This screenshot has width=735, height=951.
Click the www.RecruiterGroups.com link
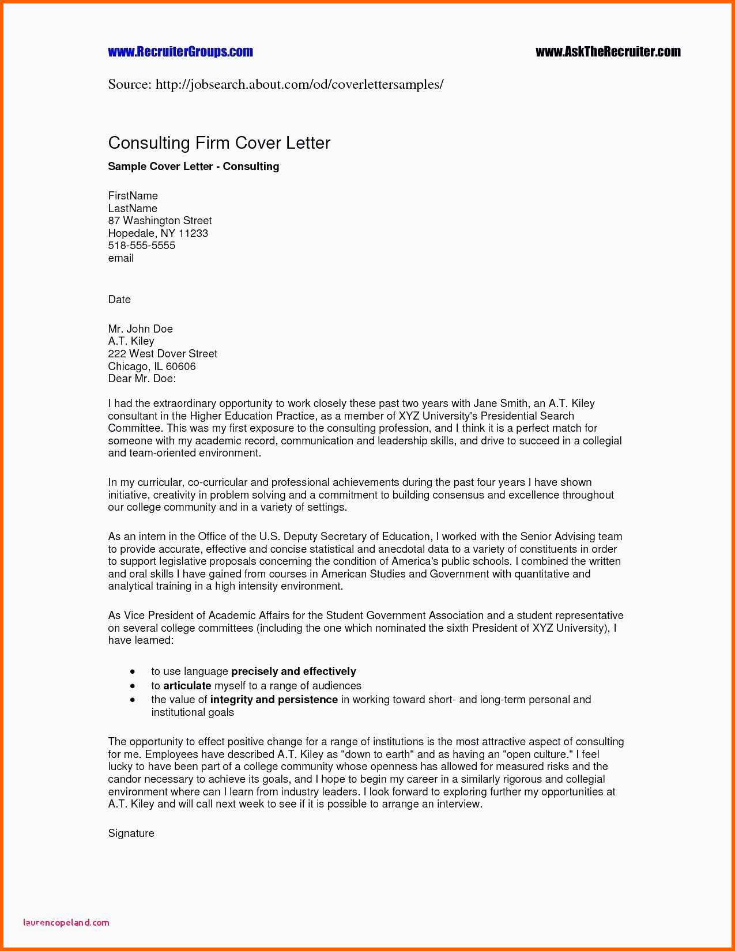pyautogui.click(x=180, y=52)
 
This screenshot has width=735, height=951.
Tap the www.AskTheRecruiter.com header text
pyautogui.click(x=608, y=52)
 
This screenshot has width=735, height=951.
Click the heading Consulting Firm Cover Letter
pyautogui.click(x=219, y=143)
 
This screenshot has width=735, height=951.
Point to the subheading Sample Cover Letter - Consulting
pyautogui.click(x=193, y=167)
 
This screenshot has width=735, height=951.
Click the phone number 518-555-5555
pyautogui.click(x=141, y=246)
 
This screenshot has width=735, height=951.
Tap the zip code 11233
pyautogui.click(x=193, y=233)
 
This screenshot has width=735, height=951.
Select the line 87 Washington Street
pyautogui.click(x=160, y=221)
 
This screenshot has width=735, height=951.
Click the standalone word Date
pyautogui.click(x=119, y=300)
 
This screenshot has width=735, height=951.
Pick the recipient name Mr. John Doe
pyautogui.click(x=140, y=329)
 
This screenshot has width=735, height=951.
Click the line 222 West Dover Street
pyautogui.click(x=163, y=354)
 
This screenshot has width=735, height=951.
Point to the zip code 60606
pyautogui.click(x=180, y=367)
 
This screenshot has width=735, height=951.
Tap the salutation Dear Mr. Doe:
pyautogui.click(x=142, y=379)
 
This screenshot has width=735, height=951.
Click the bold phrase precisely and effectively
pyautogui.click(x=293, y=671)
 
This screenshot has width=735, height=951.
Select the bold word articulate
pyautogui.click(x=187, y=686)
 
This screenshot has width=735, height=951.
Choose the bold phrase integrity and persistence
pyautogui.click(x=274, y=700)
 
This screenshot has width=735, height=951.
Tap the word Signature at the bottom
pyautogui.click(x=131, y=833)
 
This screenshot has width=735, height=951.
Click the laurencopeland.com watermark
pyautogui.click(x=66, y=922)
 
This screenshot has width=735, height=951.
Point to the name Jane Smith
pyautogui.click(x=500, y=403)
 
